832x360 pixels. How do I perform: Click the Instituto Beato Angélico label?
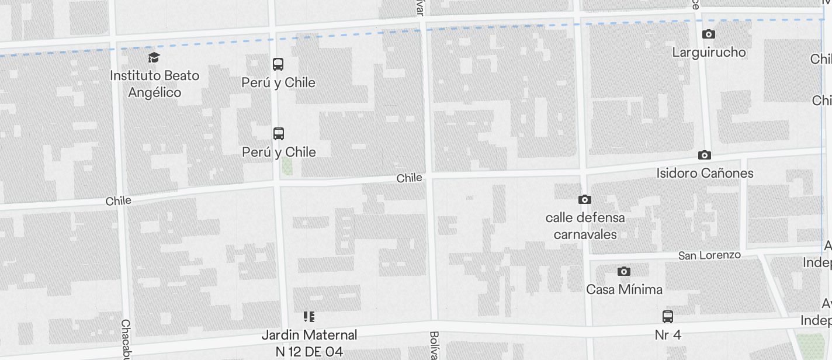(154, 84)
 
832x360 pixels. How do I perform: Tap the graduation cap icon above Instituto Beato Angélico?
(154, 57)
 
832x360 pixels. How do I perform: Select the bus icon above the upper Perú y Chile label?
(278, 64)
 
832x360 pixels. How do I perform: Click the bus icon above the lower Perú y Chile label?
(279, 133)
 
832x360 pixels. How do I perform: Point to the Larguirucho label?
(709, 53)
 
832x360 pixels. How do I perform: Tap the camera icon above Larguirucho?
(709, 34)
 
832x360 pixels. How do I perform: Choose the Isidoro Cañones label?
(705, 173)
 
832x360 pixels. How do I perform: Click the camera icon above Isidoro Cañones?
(705, 155)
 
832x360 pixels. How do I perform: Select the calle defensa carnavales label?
(585, 226)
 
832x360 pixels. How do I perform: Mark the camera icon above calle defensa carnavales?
(584, 200)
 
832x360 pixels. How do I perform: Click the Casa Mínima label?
(624, 289)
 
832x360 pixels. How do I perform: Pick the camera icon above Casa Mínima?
(624, 271)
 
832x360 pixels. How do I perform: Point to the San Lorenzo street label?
(709, 255)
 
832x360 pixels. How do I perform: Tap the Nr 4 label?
(668, 335)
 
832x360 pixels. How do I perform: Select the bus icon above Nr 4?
(668, 317)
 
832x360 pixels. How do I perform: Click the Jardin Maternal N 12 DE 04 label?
(309, 343)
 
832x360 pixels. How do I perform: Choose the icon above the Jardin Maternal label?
(309, 317)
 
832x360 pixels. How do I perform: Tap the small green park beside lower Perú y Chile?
(287, 167)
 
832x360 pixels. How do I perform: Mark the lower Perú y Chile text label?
(279, 152)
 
